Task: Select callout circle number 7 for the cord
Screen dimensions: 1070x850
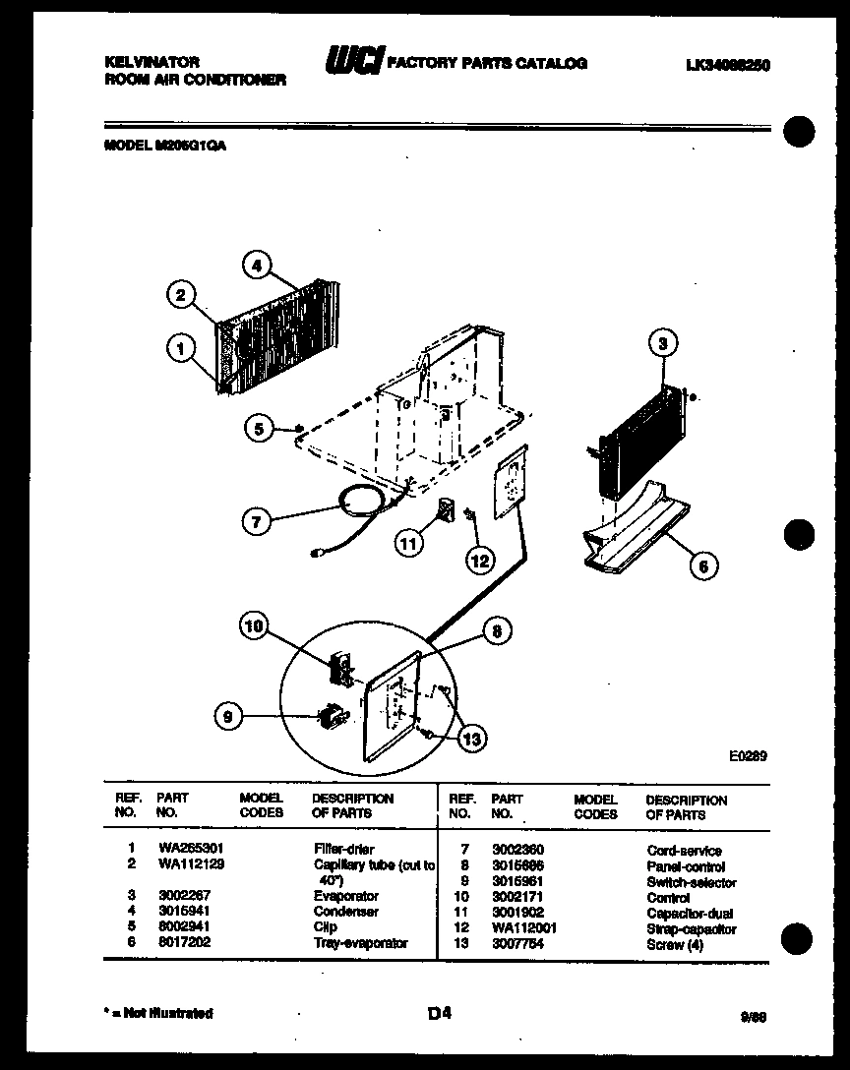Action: click(x=257, y=522)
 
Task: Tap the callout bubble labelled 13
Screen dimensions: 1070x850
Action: click(x=473, y=740)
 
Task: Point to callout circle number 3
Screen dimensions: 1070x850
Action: click(x=663, y=343)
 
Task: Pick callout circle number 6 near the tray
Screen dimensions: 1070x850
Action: click(x=702, y=565)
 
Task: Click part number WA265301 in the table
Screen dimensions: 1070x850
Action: click(x=182, y=850)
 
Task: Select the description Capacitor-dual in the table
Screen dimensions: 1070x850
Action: click(x=689, y=913)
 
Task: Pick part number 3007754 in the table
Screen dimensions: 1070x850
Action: click(x=517, y=944)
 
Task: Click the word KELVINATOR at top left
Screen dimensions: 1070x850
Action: click(x=152, y=62)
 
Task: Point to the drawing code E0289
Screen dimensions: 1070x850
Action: click(x=748, y=756)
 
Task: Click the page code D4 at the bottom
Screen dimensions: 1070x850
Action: click(x=440, y=1011)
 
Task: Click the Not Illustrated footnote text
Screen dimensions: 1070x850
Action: click(x=159, y=1013)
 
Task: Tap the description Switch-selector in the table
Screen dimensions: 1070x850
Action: click(x=691, y=882)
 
